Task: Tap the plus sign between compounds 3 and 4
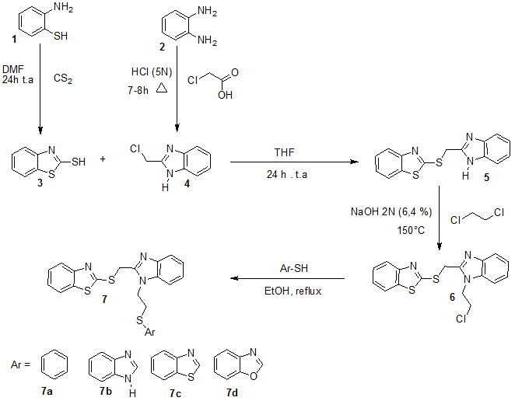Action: tap(103, 161)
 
